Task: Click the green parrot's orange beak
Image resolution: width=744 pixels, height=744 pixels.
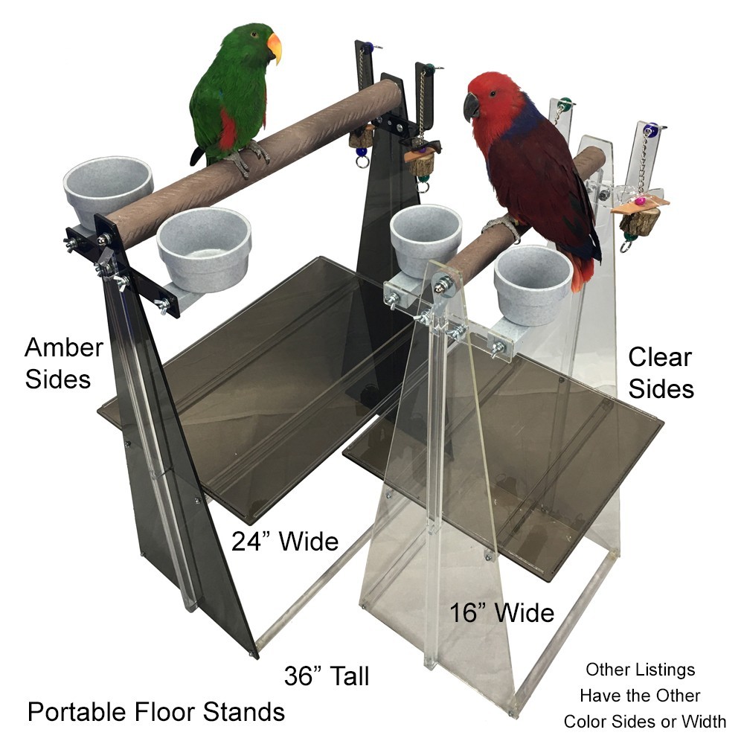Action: tap(275, 46)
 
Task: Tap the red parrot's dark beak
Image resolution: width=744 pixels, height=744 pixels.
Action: tap(472, 106)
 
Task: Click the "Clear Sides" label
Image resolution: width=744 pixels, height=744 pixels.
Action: tap(660, 373)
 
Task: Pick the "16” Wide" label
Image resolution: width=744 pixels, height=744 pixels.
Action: tap(501, 613)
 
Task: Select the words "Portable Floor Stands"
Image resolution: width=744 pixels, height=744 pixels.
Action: tap(156, 712)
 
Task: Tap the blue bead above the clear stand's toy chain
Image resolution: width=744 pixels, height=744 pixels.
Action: tap(651, 132)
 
